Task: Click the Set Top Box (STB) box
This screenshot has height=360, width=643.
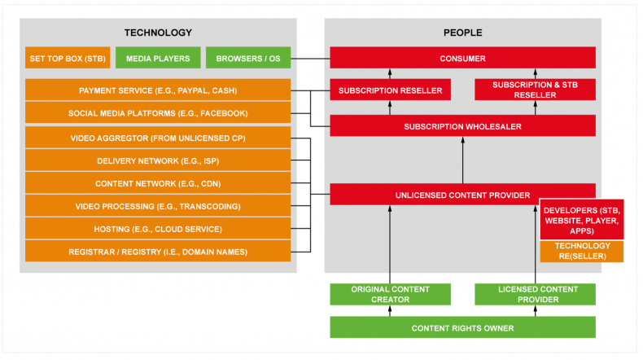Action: [x=68, y=58]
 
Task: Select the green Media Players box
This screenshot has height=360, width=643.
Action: [x=158, y=58]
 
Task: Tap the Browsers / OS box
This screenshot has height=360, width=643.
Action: [x=248, y=58]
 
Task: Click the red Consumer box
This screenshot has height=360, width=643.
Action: [x=462, y=58]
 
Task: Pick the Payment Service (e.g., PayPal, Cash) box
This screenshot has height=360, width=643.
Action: [x=158, y=90]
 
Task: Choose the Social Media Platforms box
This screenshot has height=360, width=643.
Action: [x=158, y=113]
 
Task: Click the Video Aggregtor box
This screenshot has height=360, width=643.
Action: [x=158, y=138]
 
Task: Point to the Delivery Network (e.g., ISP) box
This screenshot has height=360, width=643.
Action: [x=158, y=160]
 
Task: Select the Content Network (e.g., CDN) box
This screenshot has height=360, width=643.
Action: [x=158, y=183]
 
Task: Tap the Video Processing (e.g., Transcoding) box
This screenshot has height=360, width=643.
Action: [x=158, y=206]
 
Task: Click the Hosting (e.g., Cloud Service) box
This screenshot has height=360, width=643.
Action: [x=158, y=229]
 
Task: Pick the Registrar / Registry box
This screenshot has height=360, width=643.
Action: [x=158, y=251]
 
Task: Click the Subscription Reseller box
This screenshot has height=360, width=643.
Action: [x=391, y=90]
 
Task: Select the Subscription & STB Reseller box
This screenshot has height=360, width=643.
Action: [x=535, y=90]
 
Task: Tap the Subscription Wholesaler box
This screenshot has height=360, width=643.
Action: [x=462, y=126]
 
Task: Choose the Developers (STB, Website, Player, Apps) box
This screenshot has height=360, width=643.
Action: [x=582, y=220]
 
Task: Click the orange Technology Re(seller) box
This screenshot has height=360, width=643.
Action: [x=582, y=251]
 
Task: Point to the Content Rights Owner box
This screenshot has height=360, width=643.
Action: [x=462, y=327]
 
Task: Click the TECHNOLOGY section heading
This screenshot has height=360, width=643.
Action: [x=158, y=33]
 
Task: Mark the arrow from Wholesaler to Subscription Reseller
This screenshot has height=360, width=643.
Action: [x=390, y=108]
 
